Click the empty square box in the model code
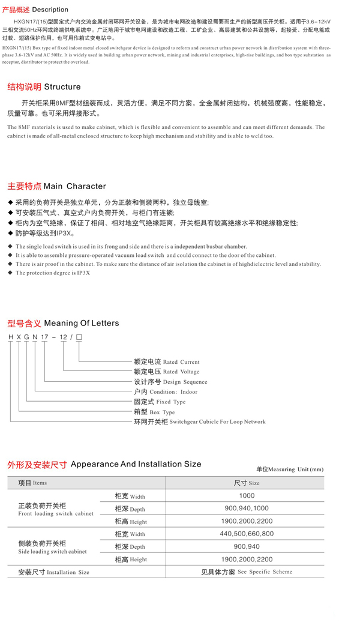79,337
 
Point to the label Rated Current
181,362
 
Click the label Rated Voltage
181,372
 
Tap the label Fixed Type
171,402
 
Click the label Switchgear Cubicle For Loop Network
217,422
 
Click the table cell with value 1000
247,496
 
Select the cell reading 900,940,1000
247,509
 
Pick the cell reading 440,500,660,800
247,534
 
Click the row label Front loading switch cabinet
56,514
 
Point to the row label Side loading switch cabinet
52,551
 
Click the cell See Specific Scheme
265,572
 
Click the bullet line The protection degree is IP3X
53,273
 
